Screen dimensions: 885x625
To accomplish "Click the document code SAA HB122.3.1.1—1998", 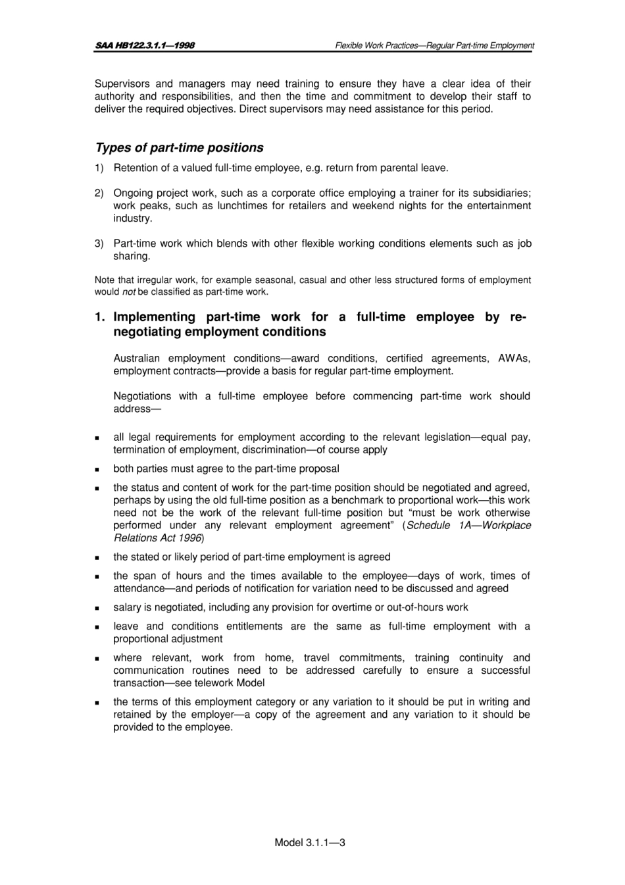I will (x=144, y=45).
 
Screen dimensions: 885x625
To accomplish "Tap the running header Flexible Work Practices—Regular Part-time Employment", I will (x=434, y=45).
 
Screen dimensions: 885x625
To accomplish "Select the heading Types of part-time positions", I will (x=179, y=147).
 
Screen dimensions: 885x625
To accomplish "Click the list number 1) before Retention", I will (x=99, y=168).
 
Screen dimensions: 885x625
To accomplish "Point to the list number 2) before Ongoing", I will (x=99, y=193).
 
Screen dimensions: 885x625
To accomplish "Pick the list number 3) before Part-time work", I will (x=99, y=243).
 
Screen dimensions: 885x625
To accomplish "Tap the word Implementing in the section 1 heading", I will (x=155, y=317).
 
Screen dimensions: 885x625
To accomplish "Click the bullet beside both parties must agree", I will (x=97, y=470).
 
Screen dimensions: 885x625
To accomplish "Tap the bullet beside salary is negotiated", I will (x=97, y=608).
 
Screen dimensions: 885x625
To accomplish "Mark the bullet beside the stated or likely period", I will (x=97, y=558).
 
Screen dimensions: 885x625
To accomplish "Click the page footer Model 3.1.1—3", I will (x=310, y=842).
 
